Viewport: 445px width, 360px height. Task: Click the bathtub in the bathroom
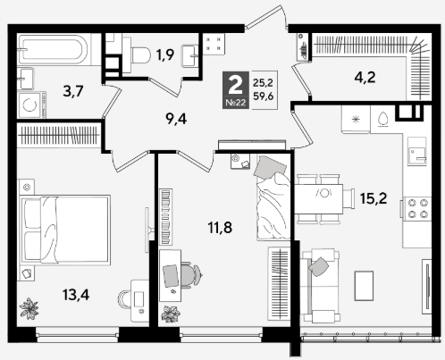coord(53,49)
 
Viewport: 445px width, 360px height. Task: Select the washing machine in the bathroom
coord(31,105)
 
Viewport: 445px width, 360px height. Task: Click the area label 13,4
coord(76,295)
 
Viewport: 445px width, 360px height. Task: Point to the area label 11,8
coord(220,228)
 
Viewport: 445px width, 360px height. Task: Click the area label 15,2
coord(374,198)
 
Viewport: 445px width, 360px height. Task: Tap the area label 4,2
coord(365,78)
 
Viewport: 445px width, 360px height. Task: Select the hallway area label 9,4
coord(176,119)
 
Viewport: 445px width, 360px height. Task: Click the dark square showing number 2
coord(236,90)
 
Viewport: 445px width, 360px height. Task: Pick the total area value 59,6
coord(263,96)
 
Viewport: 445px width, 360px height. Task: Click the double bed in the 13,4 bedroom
coord(65,230)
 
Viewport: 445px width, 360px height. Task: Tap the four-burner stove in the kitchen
coord(417,208)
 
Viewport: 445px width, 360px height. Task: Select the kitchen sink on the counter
coord(417,151)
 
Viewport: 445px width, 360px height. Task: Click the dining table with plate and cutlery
coord(319,198)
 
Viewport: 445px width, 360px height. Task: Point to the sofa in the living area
coord(320,287)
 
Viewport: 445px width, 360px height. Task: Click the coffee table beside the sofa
coord(364,286)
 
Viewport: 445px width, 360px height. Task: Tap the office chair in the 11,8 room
coord(191,275)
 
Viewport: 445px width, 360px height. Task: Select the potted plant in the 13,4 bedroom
coord(29,308)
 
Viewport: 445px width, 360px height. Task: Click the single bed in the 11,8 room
coord(273,197)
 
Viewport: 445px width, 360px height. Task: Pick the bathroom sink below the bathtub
coord(26,79)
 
